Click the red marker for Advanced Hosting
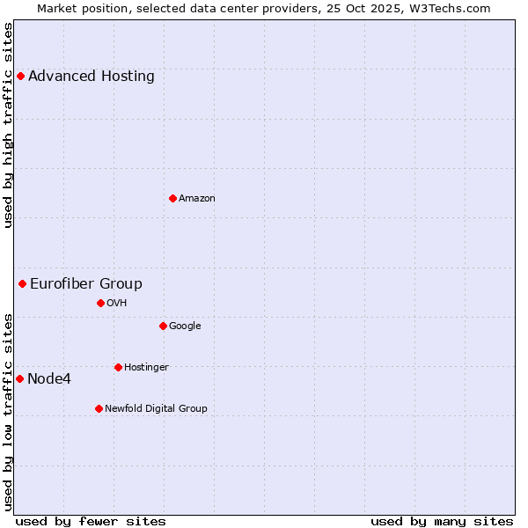pos(20,77)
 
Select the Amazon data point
pos(172,198)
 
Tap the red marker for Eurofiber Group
pos(22,283)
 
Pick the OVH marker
pos(100,303)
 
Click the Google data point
pos(163,326)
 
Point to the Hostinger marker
pos(118,367)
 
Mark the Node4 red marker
pos(19,378)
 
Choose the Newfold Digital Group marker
pos(99,408)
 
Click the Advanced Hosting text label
pos(92,77)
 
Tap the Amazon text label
pos(197,198)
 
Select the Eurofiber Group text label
pos(86,283)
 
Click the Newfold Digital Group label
pos(157,408)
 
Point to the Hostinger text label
pos(146,367)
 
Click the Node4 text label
pos(49,379)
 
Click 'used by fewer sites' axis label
pos(91,521)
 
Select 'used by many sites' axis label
pos(442,521)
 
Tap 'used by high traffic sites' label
pos(9,125)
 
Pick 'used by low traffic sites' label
pos(9,411)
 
